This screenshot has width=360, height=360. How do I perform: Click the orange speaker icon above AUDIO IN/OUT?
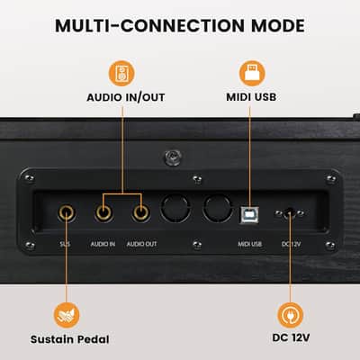tap(121, 74)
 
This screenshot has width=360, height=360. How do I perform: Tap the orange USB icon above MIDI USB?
tap(252, 74)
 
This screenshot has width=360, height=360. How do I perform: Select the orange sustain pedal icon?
tap(67, 316)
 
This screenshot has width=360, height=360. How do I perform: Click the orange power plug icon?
tap(290, 316)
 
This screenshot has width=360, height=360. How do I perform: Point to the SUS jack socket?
tap(67, 213)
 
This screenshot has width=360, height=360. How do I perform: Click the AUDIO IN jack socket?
tap(103, 213)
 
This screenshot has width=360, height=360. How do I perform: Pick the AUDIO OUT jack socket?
tap(140, 213)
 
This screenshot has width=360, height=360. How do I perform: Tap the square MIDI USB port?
tap(249, 215)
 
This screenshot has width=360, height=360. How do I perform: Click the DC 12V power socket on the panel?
tap(289, 213)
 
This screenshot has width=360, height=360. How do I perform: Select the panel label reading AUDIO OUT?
tap(141, 244)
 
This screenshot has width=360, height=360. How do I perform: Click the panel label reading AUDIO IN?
tap(103, 244)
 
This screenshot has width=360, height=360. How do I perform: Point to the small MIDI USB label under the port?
tap(250, 244)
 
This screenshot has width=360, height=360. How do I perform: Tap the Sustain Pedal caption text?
tap(70, 339)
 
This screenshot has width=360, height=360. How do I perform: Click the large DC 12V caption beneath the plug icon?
tap(291, 337)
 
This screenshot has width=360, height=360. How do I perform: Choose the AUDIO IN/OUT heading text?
tap(126, 97)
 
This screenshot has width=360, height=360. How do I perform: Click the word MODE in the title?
tap(278, 26)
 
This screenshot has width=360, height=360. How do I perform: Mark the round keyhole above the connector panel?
tap(173, 157)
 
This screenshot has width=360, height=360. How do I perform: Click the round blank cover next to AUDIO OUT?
tap(175, 208)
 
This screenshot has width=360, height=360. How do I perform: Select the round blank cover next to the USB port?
tap(218, 208)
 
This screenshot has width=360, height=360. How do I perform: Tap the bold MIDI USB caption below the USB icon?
tap(251, 97)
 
